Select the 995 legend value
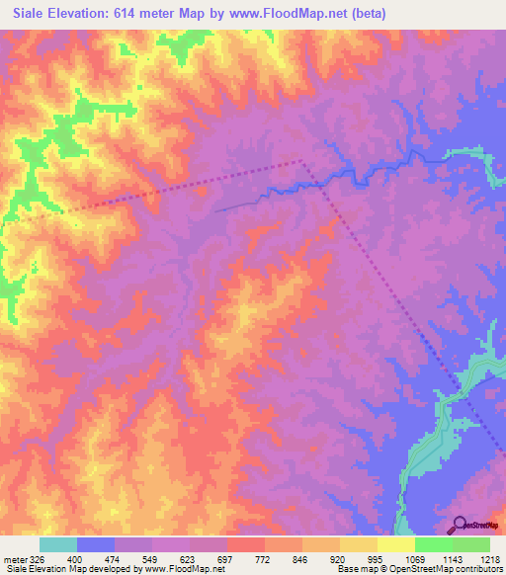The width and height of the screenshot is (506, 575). (x=375, y=559)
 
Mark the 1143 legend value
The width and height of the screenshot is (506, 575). (x=449, y=559)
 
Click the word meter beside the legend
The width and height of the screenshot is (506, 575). (x=16, y=559)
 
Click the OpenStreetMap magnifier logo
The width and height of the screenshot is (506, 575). (x=460, y=527)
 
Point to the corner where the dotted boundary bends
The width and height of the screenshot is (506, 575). (x=301, y=160)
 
